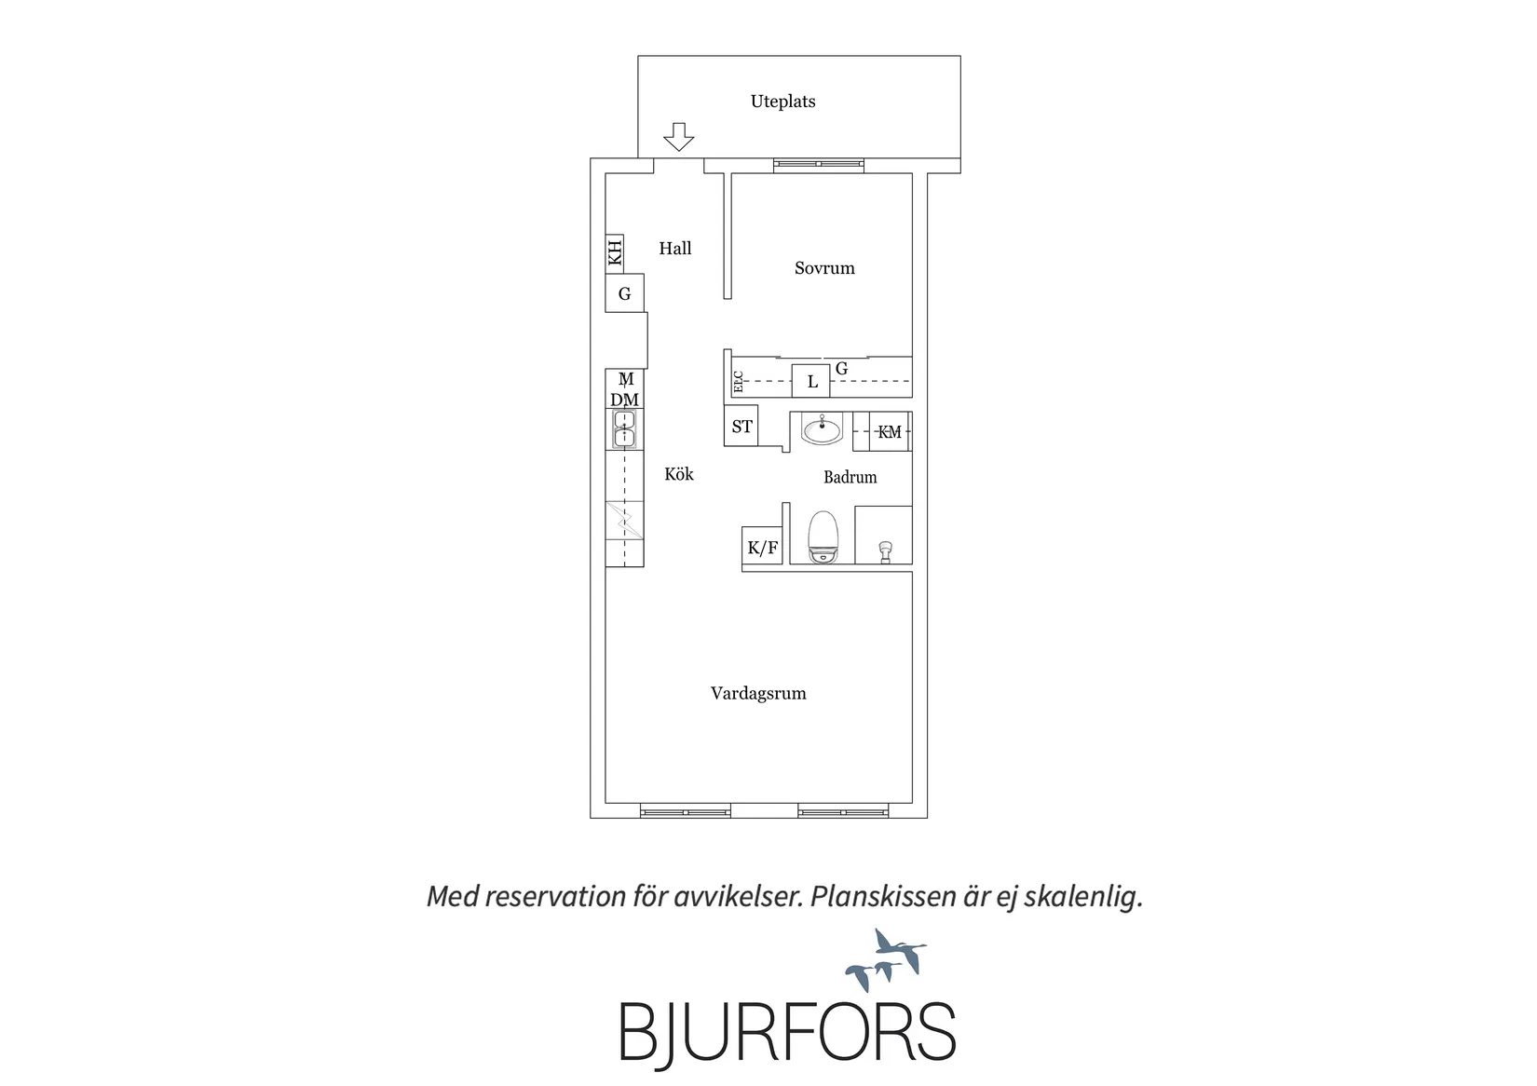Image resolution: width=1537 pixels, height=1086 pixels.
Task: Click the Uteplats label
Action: (x=782, y=102)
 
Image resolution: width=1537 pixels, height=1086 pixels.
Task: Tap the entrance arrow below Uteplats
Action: (x=679, y=137)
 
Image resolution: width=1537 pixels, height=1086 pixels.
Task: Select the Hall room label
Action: (x=675, y=249)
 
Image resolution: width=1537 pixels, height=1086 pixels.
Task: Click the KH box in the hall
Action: (x=615, y=252)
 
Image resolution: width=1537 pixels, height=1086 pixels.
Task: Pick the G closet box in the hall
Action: (x=624, y=293)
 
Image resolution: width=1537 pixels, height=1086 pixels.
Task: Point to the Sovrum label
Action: (x=824, y=268)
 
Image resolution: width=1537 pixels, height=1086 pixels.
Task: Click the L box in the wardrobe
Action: (x=810, y=381)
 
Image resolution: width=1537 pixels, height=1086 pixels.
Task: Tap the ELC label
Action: (x=739, y=382)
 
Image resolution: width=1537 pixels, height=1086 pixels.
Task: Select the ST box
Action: (x=741, y=426)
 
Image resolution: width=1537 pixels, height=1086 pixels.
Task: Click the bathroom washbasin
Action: (x=822, y=429)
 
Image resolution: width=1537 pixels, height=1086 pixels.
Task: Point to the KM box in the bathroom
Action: (x=890, y=431)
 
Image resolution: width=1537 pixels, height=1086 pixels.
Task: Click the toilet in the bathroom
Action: (x=823, y=537)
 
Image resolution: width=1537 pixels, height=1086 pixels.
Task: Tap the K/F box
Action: (x=762, y=547)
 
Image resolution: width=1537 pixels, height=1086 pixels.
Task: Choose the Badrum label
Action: (x=850, y=478)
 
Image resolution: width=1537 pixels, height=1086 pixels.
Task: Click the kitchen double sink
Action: (x=624, y=428)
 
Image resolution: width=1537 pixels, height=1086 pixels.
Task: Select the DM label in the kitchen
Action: (x=624, y=400)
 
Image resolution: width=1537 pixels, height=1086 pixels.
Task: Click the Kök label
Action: (x=679, y=474)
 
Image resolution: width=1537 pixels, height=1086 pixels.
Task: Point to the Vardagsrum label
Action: (x=758, y=694)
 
